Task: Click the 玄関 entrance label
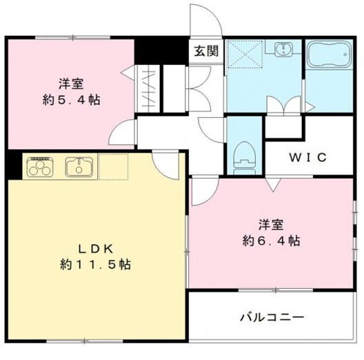tap(206, 51)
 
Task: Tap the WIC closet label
tap(308, 157)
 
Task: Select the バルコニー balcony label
tap(272, 317)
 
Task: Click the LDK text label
tap(96, 249)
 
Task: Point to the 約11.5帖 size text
tap(96, 264)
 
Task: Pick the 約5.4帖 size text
tap(71, 100)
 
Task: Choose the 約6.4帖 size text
tap(271, 241)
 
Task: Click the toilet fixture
tap(245, 158)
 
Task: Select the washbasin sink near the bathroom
tap(283, 48)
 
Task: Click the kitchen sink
tap(79, 167)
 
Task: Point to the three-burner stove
tap(40, 166)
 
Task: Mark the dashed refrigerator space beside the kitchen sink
tap(113, 166)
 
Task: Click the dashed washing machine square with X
tap(245, 54)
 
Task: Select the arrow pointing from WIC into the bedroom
tap(273, 184)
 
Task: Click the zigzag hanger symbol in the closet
tap(148, 89)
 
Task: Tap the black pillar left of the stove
tap(14, 164)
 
